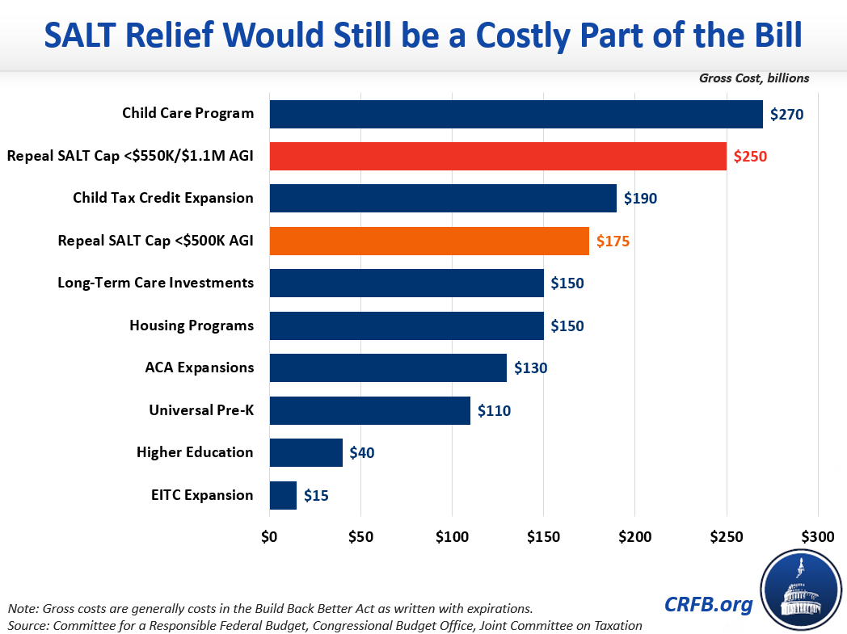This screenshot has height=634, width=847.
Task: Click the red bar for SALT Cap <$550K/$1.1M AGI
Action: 498,156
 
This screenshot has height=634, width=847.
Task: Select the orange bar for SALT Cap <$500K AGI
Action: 429,241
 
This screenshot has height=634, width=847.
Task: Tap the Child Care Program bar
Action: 516,114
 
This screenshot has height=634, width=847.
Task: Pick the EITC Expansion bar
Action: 283,495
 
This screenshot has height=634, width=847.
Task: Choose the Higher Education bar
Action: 306,452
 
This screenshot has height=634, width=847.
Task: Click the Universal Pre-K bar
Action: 369,410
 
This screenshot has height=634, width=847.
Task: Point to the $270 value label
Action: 786,114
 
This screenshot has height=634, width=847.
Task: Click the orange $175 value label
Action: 613,241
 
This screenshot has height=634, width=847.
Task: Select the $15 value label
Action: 316,495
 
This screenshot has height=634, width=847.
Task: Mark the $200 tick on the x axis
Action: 634,537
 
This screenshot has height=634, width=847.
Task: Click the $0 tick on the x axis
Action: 269,537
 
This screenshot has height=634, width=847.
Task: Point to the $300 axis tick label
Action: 817,537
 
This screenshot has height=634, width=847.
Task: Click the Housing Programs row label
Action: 192,325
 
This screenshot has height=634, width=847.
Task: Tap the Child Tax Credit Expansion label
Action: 163,198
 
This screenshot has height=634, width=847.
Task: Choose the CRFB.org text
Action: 709,604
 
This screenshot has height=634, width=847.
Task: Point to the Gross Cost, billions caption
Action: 754,78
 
